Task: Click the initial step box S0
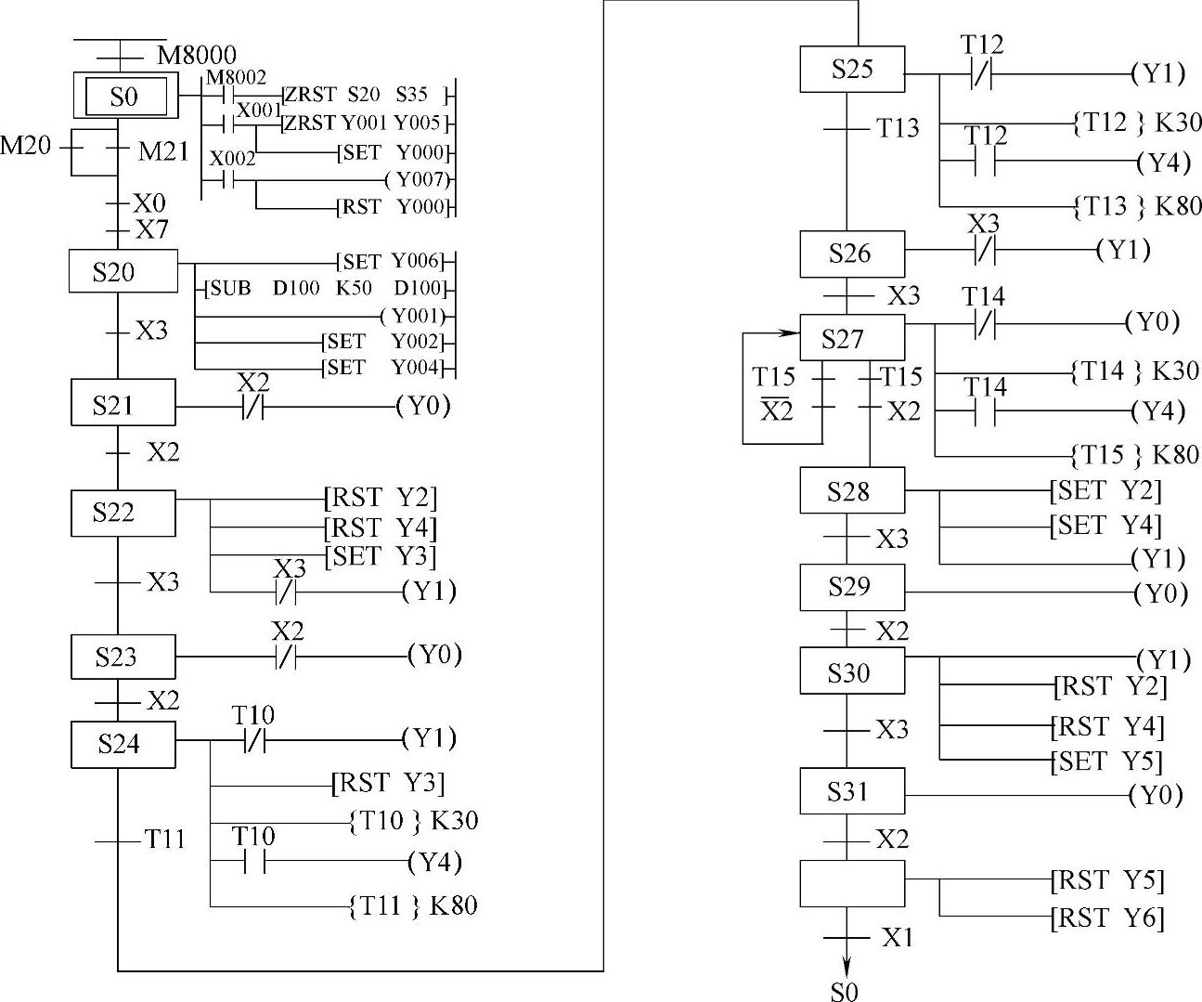(124, 96)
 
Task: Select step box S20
(123, 272)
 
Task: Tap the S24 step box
(123, 744)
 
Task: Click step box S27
(851, 339)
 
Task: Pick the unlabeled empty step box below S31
(851, 883)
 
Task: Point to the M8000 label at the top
(196, 55)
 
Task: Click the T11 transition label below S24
(164, 840)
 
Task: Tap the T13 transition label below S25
(898, 128)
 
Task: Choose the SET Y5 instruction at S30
(1107, 761)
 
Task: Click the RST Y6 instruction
(1107, 917)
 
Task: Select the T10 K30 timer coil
(413, 821)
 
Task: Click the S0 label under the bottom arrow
(844, 991)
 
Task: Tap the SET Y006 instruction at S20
(390, 261)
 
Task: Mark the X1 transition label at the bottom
(897, 937)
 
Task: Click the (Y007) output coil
(417, 178)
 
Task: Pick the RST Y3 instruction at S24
(388, 784)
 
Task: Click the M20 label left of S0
(25, 146)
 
